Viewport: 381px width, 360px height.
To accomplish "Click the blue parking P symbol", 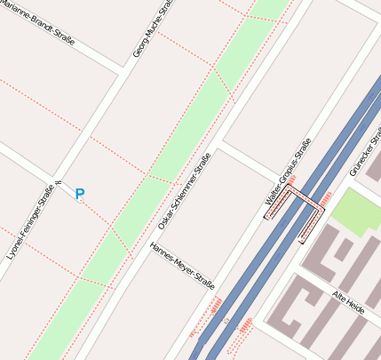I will (x=80, y=194).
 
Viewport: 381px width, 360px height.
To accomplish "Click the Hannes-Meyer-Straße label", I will (x=182, y=267).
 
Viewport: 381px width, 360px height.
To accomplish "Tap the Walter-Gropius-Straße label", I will (x=289, y=178).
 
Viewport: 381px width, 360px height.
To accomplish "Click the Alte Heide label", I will (x=348, y=300).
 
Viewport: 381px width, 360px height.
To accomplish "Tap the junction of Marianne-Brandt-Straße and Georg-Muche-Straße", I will (x=122, y=68).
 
